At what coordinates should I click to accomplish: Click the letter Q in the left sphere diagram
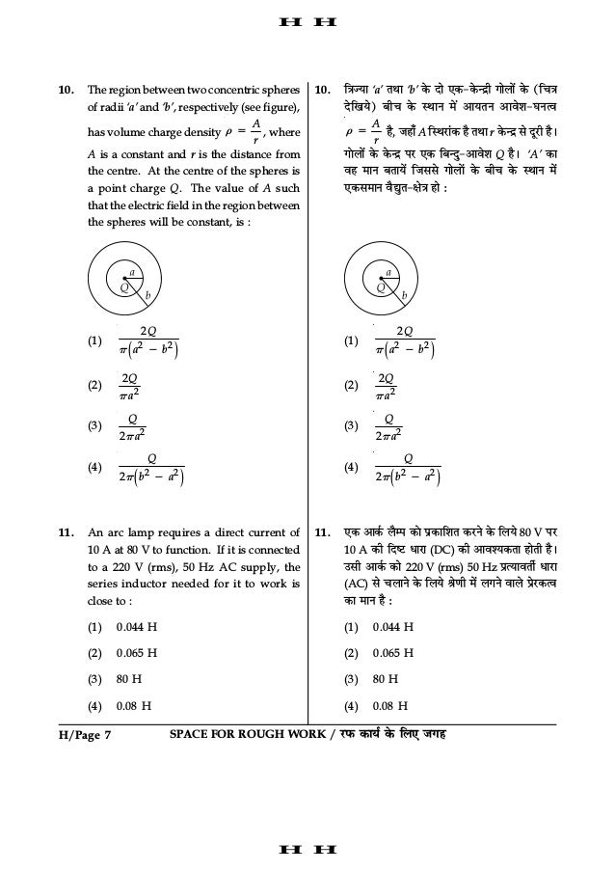(x=123, y=287)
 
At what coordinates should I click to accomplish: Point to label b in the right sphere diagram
(x=404, y=295)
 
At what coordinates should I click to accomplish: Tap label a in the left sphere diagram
(x=132, y=273)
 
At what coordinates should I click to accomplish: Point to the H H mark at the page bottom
(x=307, y=850)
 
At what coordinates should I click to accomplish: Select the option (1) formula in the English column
(x=150, y=340)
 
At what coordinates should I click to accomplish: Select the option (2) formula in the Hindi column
(x=387, y=384)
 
